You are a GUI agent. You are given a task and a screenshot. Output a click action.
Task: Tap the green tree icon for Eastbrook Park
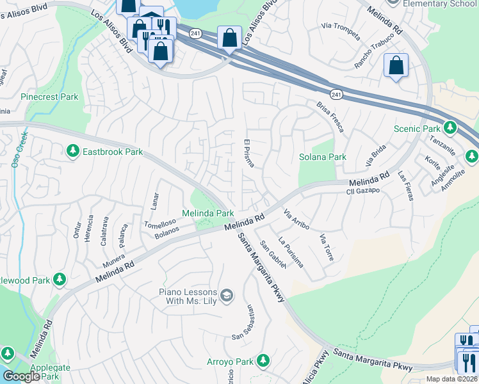(x=72, y=150)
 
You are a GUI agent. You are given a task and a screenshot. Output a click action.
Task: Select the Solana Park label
(x=322, y=157)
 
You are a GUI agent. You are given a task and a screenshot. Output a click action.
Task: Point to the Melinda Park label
(x=207, y=212)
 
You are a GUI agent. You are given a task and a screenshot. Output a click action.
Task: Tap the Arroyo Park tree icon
(x=263, y=361)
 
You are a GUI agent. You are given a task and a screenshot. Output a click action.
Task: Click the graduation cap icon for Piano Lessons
(x=226, y=295)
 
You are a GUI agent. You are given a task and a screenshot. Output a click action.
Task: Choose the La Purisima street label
(x=291, y=252)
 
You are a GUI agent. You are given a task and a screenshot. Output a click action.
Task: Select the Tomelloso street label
(x=159, y=224)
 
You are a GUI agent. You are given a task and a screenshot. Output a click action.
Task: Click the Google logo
(x=20, y=376)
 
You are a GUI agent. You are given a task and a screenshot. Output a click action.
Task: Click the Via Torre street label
(x=326, y=248)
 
